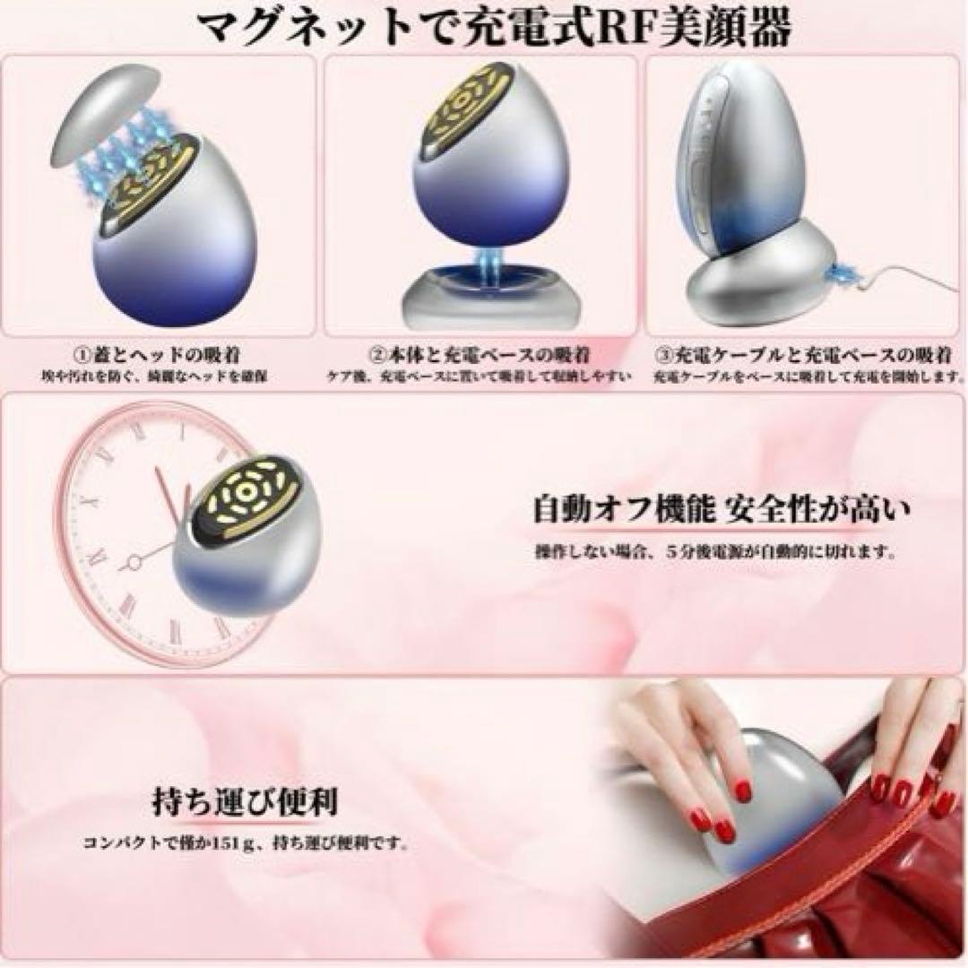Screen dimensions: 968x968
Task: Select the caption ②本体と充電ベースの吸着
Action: [x=483, y=355]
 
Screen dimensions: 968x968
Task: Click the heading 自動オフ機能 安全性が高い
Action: [x=722, y=512]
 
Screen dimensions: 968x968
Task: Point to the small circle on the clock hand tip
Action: [x=135, y=562]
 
